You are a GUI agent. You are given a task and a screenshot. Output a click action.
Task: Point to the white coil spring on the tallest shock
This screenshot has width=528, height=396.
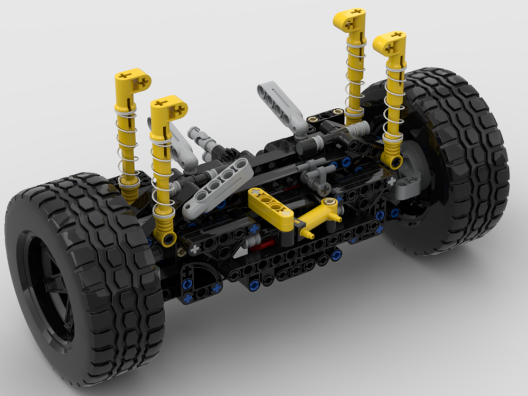point(355,79)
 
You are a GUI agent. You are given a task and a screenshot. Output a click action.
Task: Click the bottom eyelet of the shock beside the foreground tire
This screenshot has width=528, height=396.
point(168,239)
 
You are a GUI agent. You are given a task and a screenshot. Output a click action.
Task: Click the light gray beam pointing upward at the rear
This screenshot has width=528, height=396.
point(282,106)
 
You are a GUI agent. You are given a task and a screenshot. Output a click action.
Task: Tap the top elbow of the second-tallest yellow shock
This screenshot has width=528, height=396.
point(390,42)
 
